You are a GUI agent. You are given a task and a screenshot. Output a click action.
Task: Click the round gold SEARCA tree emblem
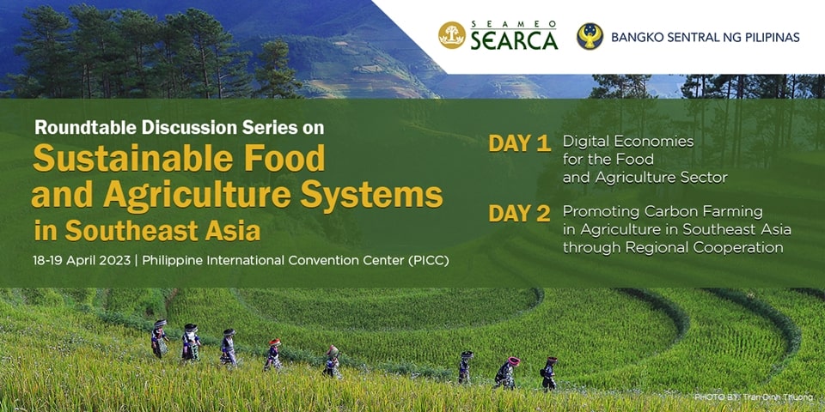451,36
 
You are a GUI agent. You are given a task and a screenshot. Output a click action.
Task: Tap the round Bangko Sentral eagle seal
590,36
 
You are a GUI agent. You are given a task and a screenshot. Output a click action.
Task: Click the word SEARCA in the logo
514,41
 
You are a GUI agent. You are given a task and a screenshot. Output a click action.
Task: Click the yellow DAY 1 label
519,144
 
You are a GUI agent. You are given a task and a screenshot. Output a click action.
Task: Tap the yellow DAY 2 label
519,214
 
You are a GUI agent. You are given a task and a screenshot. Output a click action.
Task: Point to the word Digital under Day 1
584,142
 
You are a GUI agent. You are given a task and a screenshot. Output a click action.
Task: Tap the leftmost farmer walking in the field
159,339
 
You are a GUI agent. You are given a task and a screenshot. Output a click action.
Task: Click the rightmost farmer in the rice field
548,373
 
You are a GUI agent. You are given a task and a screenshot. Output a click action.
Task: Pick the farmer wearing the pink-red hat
507,373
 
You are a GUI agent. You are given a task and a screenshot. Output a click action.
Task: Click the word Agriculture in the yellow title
198,196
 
